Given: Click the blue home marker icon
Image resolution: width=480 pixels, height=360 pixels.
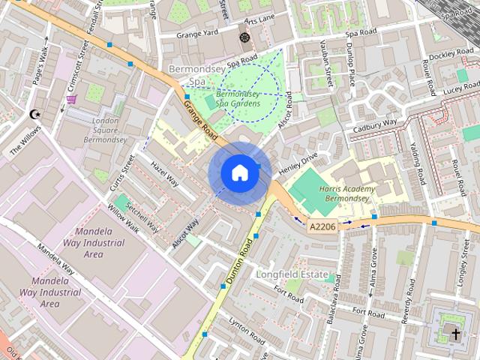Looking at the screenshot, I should click(x=238, y=172).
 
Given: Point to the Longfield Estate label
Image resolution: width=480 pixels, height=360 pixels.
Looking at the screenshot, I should click(x=292, y=274).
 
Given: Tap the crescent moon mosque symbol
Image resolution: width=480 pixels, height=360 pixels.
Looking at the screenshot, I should click(x=33, y=114).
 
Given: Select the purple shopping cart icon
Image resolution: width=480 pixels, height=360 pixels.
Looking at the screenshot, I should click(x=71, y=99).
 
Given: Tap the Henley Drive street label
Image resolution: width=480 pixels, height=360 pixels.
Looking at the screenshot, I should click(x=298, y=160).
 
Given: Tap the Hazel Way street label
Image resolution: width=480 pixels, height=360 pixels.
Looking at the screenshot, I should click(x=164, y=174).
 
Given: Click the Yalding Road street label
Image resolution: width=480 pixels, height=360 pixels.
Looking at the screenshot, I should click(x=418, y=163).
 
